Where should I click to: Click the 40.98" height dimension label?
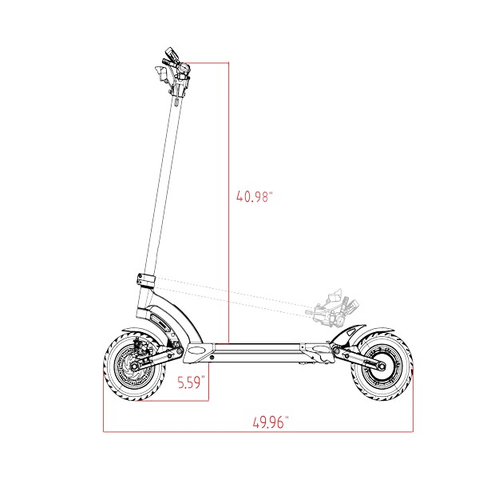click(x=254, y=196)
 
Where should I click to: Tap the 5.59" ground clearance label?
click(x=192, y=382)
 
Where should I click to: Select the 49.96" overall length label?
click(x=271, y=422)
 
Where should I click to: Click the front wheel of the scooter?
click(x=134, y=366)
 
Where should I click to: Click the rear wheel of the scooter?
click(x=382, y=366)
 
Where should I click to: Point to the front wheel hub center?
click(x=133, y=366)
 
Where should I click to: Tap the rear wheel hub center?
click(x=382, y=366)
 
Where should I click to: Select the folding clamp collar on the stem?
click(x=146, y=280)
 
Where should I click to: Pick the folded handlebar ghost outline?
click(x=332, y=308)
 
